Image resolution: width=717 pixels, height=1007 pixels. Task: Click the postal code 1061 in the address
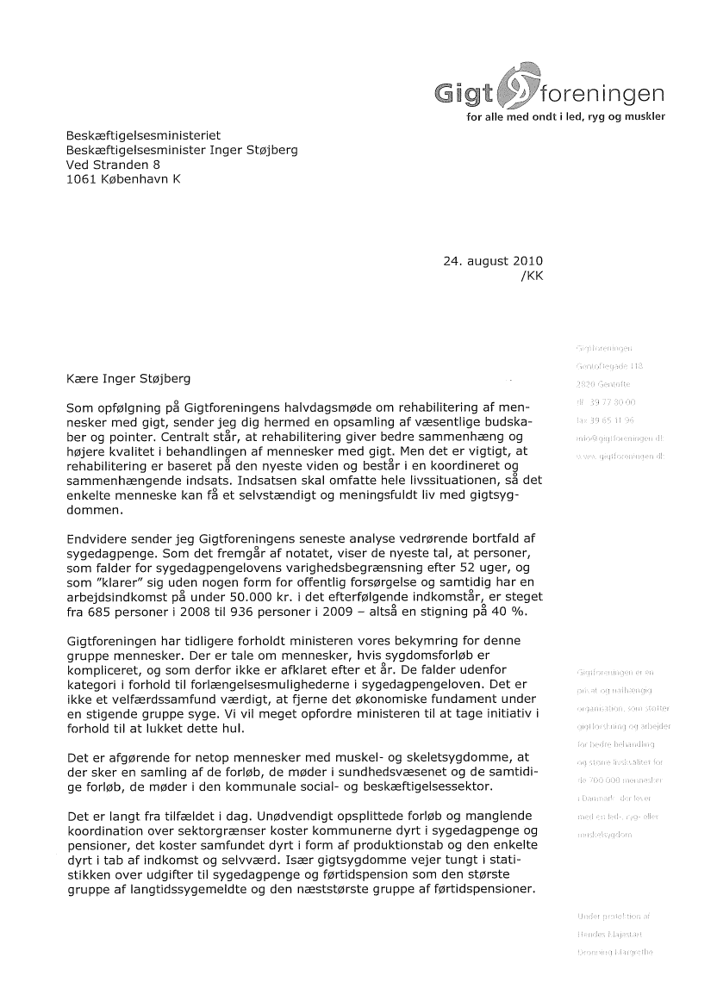point(83,179)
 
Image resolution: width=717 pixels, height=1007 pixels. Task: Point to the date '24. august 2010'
point(493,260)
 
